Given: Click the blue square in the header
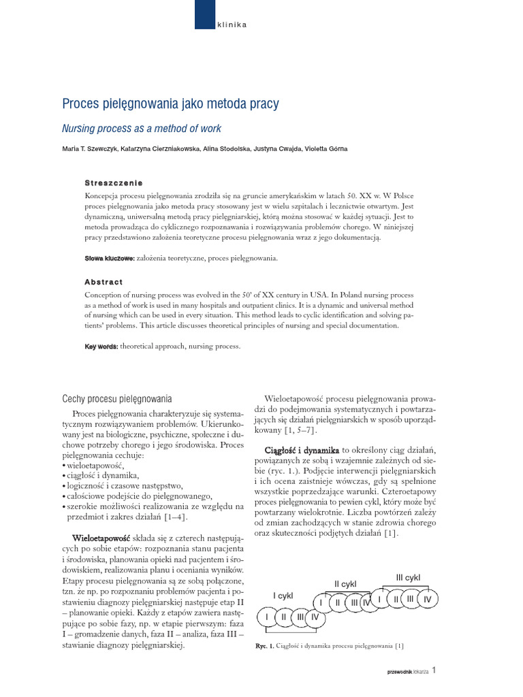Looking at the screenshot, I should coord(204,14).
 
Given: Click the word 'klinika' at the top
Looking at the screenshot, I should coord(232,25).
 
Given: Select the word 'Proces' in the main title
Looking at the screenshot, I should coord(80,104).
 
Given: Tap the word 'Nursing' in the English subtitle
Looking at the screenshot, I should coord(79,128).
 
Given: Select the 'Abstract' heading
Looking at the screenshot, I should coord(104,282).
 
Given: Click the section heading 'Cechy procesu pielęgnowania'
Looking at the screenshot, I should coord(117,399).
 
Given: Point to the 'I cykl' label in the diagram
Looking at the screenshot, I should coord(283,596).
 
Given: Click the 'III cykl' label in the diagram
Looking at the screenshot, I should coord(408,577).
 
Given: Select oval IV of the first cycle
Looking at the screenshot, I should coord(315,617).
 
